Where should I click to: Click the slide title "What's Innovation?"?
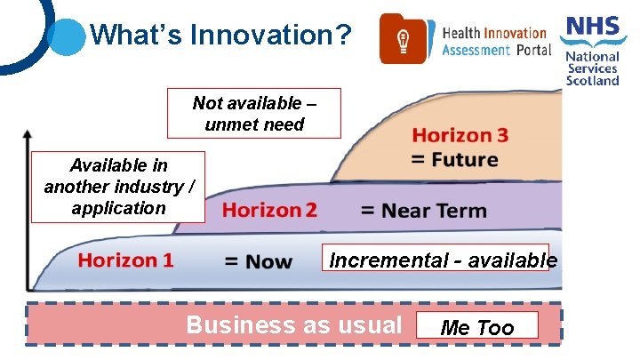221,36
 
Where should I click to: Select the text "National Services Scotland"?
593,68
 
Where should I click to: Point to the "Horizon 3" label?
460,135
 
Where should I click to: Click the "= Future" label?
454,160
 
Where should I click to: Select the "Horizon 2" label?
269,211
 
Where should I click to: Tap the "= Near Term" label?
423,211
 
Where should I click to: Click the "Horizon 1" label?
125,260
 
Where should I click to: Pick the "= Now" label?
258,261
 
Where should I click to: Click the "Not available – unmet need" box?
254,114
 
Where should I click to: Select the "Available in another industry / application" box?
118,187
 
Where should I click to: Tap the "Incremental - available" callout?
442,260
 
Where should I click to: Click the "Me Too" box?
478,327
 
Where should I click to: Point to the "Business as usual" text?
293,324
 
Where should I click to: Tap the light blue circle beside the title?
64,36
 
